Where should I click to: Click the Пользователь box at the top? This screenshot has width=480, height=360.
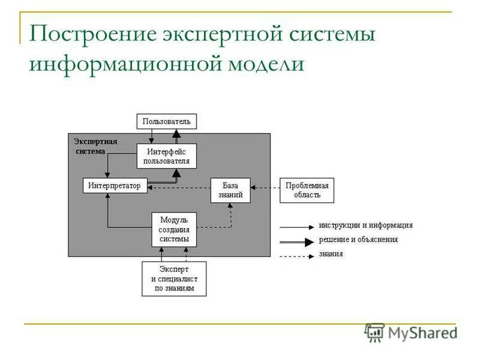166,122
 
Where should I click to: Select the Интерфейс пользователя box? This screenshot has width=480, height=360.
166,157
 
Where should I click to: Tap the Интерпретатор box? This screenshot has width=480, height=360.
114,186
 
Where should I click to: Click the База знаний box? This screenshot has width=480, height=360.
230,190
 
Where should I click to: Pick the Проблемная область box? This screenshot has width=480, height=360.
307,190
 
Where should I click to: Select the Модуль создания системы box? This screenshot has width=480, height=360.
174,230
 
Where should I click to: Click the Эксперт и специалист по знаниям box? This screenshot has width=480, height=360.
174,279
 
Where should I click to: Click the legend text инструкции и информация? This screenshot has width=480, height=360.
365,226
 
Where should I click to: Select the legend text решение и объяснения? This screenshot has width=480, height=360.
358,239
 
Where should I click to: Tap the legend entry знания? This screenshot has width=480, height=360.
331,254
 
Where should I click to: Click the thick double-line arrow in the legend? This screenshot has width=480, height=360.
296,242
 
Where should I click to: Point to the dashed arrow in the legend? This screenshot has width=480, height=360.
296,256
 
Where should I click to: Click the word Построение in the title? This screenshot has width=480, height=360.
91,34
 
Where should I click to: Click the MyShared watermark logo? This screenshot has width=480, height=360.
410,332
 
